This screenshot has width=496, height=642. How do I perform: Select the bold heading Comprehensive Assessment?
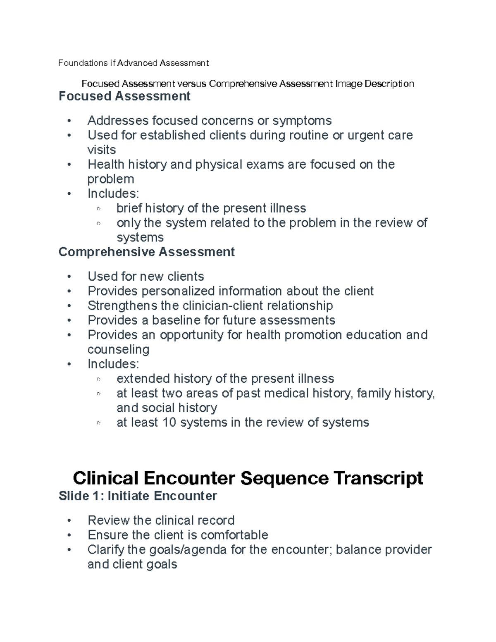(x=147, y=252)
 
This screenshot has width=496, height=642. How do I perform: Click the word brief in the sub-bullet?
(x=129, y=208)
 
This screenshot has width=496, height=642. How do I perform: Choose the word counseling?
(x=118, y=349)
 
